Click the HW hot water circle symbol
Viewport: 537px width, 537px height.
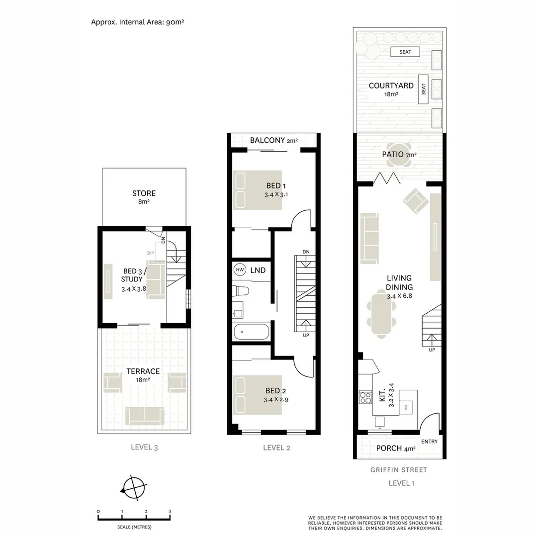coord(240,269)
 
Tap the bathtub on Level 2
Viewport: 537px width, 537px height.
coord(251,331)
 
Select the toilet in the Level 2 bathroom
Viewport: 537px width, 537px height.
coord(243,290)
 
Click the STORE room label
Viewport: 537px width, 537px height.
coord(144,193)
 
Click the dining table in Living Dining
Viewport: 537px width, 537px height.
coord(382,314)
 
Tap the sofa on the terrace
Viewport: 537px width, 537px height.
coord(144,416)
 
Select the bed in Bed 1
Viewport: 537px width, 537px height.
coord(258,190)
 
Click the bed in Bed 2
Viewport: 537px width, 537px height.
coord(258,394)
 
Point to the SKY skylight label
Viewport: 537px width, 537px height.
coord(150,253)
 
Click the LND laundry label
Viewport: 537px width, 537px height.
coord(258,270)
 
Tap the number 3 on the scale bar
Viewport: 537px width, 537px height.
coord(170,511)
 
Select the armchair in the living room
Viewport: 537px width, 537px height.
coord(416,200)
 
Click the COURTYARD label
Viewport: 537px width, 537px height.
coord(391,86)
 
